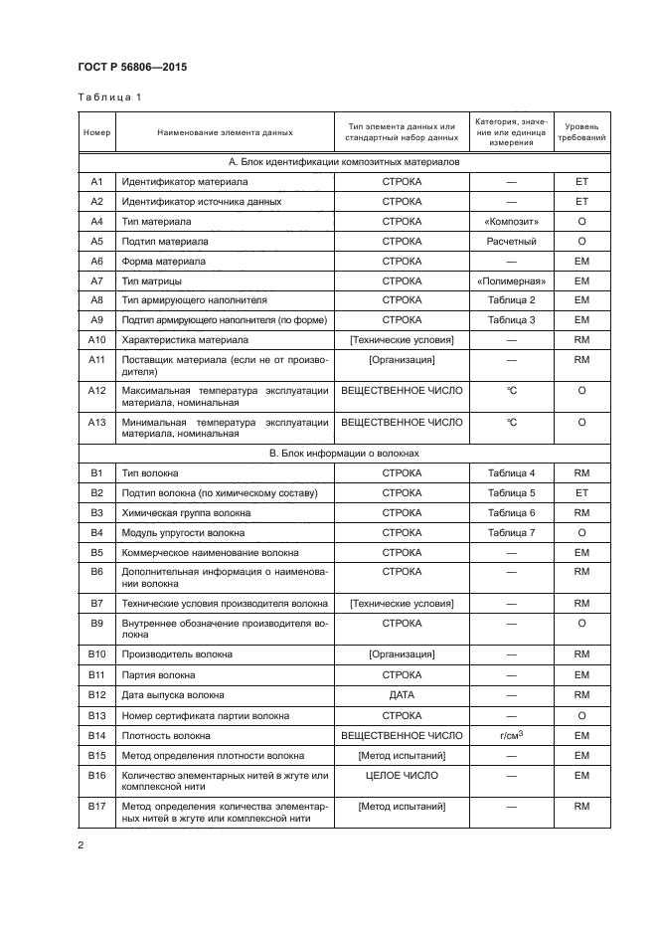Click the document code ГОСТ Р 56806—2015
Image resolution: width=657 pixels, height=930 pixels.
point(131,67)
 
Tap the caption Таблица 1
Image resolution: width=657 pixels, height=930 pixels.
point(109,97)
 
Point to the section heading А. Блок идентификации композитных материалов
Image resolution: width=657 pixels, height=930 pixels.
point(344,161)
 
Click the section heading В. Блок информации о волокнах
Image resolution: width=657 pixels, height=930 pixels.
point(344,453)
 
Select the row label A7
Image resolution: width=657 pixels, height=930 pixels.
point(96,280)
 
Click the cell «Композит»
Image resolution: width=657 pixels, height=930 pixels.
point(511,221)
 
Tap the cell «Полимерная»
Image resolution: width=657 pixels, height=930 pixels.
point(511,280)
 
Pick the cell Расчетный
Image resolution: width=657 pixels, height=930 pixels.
point(511,241)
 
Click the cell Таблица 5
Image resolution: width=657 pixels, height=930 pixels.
point(511,492)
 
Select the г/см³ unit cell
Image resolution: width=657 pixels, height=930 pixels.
point(511,735)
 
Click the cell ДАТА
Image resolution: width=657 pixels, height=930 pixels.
point(402,694)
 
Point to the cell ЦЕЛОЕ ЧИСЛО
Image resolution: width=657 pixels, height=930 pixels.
point(402,775)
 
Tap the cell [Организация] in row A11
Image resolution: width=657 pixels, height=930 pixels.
point(402,359)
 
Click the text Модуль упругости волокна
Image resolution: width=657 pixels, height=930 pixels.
point(183,532)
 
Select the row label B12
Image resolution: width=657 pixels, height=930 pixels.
point(96,694)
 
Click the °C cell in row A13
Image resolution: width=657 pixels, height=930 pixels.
point(511,421)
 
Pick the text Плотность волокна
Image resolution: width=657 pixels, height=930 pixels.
point(165,735)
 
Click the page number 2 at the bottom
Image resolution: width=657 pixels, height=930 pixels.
point(82,845)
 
